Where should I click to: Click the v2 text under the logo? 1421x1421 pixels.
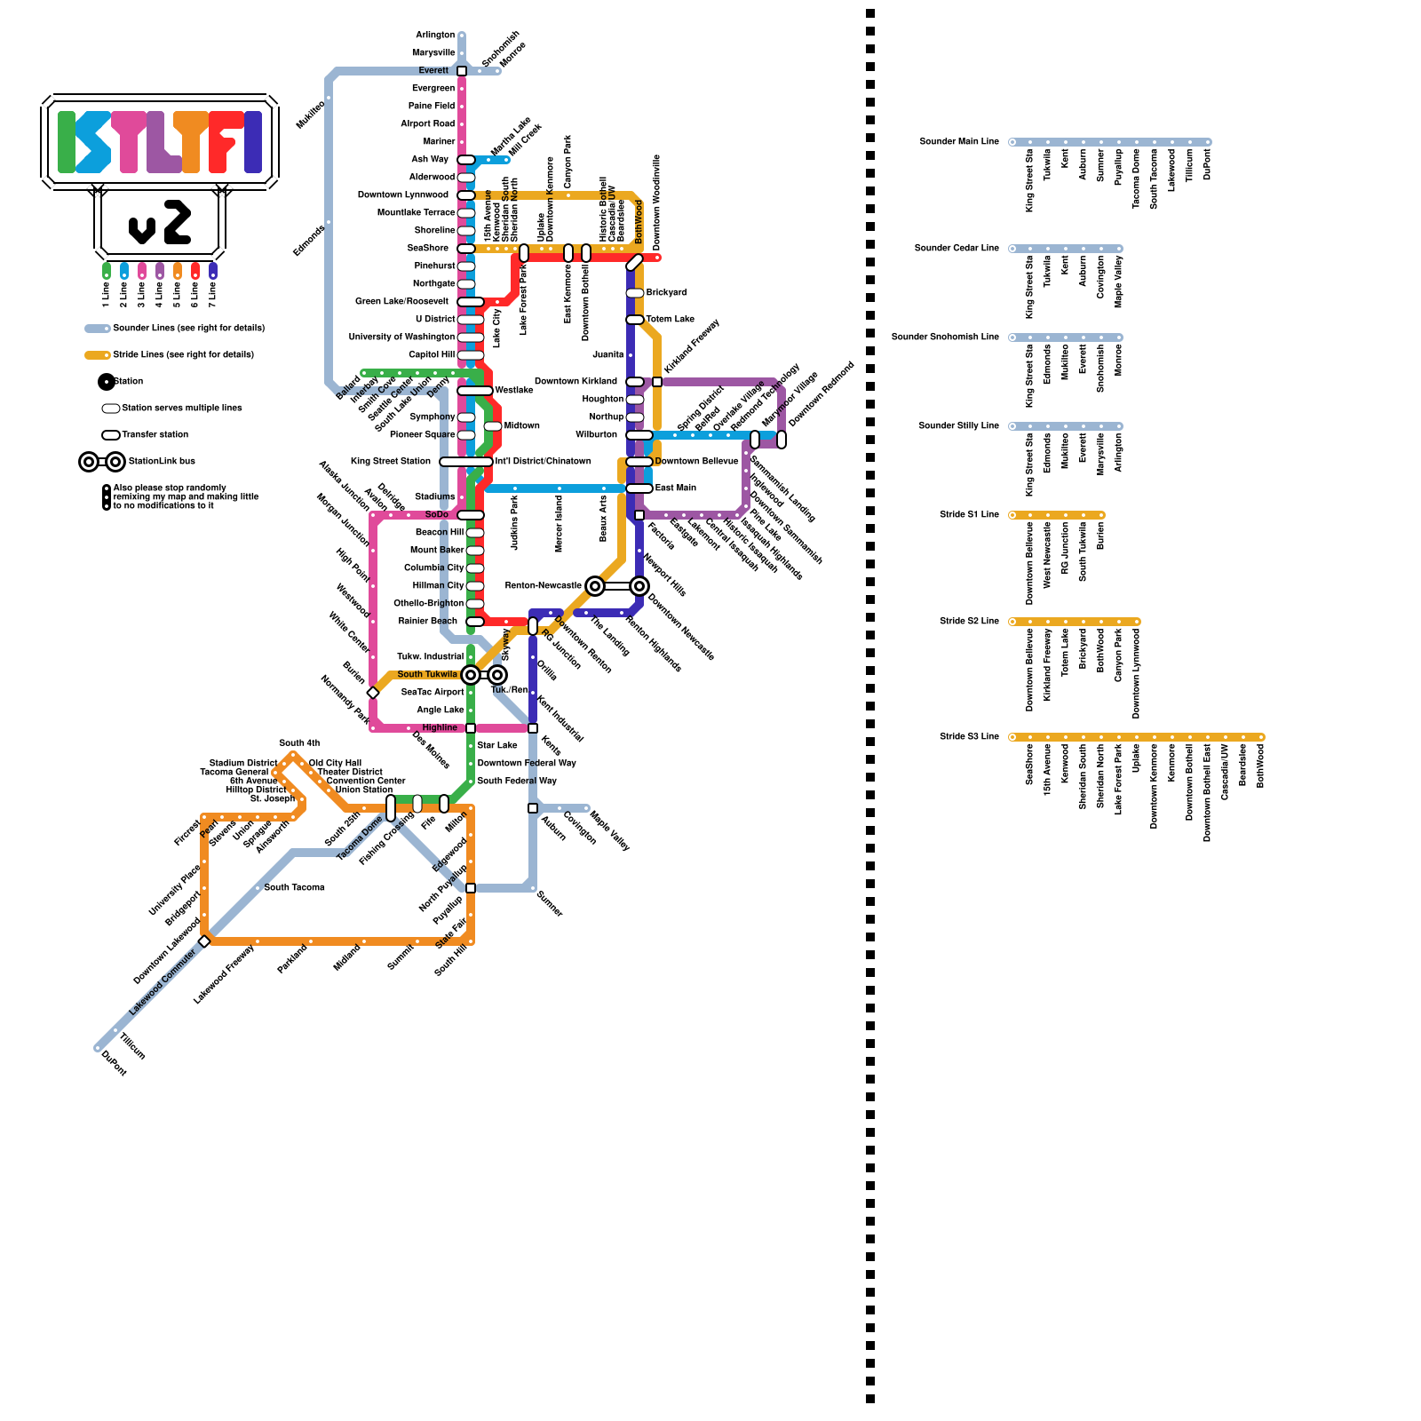(x=160, y=223)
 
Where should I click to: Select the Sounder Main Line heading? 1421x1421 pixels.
(x=959, y=142)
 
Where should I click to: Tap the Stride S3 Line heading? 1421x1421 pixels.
(x=969, y=737)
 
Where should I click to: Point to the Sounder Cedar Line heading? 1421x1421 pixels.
(x=957, y=249)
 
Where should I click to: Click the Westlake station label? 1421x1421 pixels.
(x=514, y=391)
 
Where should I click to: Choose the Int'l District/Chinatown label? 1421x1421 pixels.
(x=543, y=462)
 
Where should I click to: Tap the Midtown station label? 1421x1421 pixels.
(x=521, y=426)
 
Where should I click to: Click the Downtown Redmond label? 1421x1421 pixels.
(x=822, y=394)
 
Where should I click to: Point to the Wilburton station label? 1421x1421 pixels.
(x=596, y=435)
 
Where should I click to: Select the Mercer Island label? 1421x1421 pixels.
(x=560, y=524)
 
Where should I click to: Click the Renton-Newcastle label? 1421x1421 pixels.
(x=543, y=586)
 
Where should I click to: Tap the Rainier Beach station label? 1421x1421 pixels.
(x=428, y=622)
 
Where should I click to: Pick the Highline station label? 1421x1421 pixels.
(x=440, y=728)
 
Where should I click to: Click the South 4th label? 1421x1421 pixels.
(x=299, y=743)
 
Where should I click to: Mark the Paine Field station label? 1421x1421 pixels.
(x=432, y=107)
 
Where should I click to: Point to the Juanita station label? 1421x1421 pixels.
(x=608, y=355)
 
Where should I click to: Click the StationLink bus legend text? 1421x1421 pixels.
(x=162, y=462)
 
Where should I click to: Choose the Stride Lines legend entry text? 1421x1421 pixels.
(x=183, y=355)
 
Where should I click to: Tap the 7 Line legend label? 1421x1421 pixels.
(x=213, y=294)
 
